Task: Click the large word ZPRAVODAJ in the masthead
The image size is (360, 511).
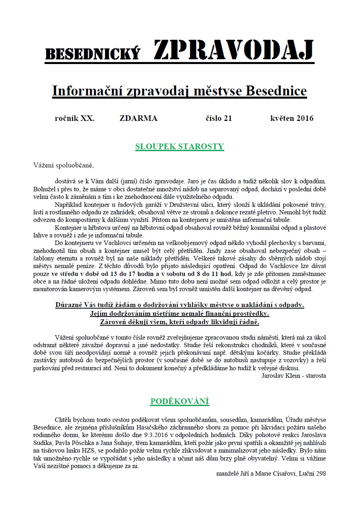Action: point(234,51)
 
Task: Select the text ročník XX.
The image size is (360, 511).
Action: point(75,118)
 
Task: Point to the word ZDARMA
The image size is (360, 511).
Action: point(138,118)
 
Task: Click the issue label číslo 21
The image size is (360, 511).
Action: point(219,118)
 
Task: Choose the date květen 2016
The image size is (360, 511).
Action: point(292,118)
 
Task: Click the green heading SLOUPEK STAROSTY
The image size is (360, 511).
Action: point(180,146)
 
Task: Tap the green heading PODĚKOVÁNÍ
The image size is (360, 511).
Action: point(180,401)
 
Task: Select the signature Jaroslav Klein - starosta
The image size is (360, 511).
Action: point(294,375)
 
